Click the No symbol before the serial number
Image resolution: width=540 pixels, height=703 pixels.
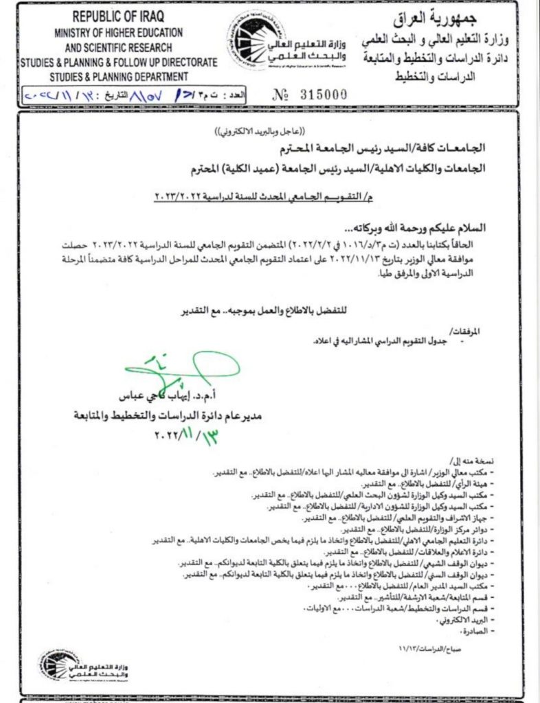point(280,95)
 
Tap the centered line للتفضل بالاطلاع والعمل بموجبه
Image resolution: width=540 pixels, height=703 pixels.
point(270,310)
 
